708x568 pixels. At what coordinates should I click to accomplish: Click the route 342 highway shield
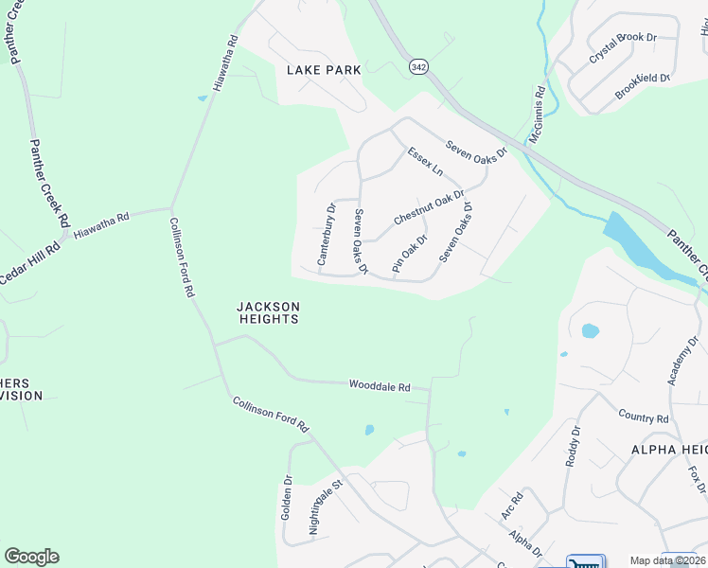click(418, 68)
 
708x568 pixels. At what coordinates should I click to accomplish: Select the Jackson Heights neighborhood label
click(268, 312)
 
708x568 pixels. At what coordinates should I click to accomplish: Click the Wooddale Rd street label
click(380, 386)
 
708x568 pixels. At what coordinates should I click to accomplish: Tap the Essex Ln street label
click(425, 161)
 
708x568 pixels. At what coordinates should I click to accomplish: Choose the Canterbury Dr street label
click(326, 234)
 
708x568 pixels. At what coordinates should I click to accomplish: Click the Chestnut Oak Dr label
click(429, 207)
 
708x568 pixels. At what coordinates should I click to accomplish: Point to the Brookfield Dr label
click(643, 85)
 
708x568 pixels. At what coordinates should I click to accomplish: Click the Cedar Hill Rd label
click(29, 259)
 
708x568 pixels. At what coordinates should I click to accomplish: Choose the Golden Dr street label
click(287, 497)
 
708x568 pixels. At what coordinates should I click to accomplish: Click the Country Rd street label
click(644, 417)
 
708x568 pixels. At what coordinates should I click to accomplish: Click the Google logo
click(31, 557)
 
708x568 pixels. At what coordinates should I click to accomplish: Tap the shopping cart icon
click(585, 562)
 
